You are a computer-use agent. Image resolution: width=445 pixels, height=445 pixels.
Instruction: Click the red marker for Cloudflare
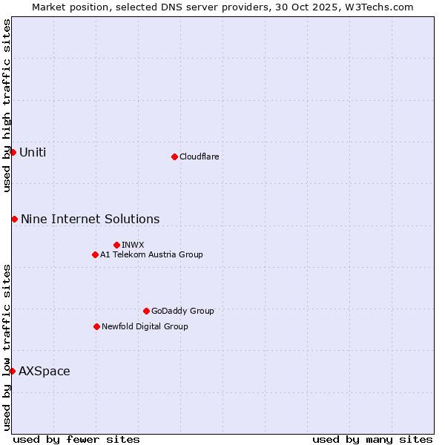pyautogui.click(x=174, y=156)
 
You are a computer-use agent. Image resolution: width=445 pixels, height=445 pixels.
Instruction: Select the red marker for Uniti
pyautogui.click(x=13, y=152)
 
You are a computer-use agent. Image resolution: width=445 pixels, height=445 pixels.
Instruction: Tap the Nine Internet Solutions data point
pyautogui.click(x=14, y=219)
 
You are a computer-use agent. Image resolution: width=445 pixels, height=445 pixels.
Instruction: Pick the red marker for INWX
pyautogui.click(x=116, y=245)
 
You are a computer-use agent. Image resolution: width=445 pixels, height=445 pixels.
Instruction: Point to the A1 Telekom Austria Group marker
pyautogui.click(x=95, y=254)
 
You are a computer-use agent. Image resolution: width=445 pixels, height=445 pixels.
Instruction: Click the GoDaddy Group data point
pyautogui.click(x=146, y=311)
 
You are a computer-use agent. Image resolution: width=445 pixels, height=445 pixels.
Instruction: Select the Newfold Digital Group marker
pyautogui.click(x=96, y=326)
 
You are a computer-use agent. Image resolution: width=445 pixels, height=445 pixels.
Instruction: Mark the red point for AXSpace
pyautogui.click(x=12, y=371)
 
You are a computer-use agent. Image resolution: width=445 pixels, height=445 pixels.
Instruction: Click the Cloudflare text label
pyautogui.click(x=199, y=156)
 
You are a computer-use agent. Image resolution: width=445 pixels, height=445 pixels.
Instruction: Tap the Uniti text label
pyautogui.click(x=33, y=153)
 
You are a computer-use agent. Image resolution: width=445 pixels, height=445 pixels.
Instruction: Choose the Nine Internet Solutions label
pyautogui.click(x=90, y=219)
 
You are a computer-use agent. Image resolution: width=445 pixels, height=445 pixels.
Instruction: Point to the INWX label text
pyautogui.click(x=133, y=245)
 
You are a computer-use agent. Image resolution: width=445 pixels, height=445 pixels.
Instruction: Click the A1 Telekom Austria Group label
pyautogui.click(x=151, y=254)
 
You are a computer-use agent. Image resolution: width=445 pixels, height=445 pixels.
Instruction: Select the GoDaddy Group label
pyautogui.click(x=182, y=311)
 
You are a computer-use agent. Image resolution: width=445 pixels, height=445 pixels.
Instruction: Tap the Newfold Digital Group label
pyautogui.click(x=145, y=326)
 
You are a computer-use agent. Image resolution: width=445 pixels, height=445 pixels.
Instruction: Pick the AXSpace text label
pyautogui.click(x=44, y=371)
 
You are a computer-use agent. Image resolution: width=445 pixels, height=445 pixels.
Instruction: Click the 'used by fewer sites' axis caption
pyautogui.click(x=76, y=439)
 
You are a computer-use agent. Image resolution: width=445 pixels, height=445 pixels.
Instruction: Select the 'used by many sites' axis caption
pyautogui.click(x=372, y=439)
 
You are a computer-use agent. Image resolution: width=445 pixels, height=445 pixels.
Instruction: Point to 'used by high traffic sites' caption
pyautogui.click(x=7, y=105)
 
